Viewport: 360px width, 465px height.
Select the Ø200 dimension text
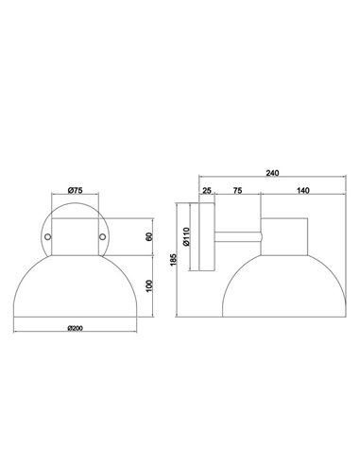77,327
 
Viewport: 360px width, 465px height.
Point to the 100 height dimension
150,286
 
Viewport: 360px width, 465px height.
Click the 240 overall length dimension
274,174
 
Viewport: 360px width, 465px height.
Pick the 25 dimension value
207,192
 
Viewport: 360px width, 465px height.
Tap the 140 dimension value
302,192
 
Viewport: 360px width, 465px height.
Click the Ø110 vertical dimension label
189,235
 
